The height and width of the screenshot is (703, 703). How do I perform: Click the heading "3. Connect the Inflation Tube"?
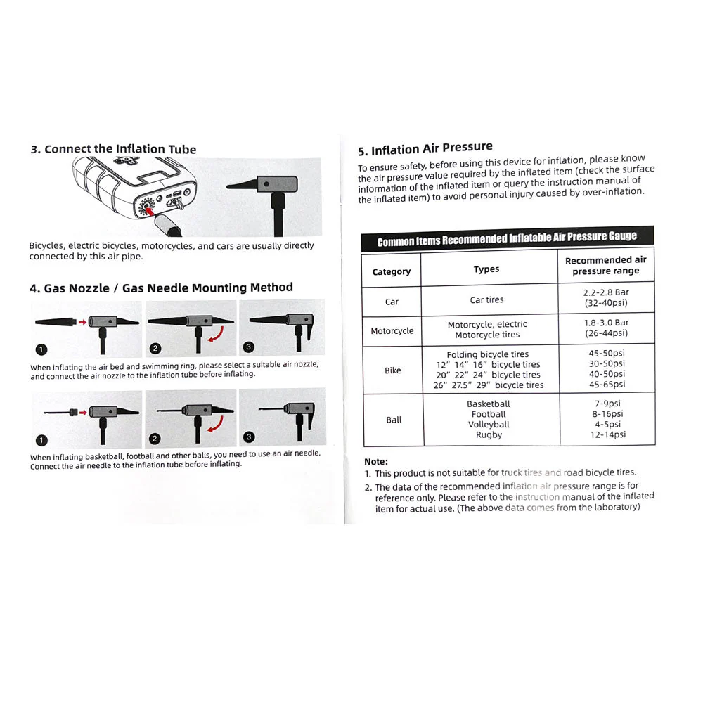113,149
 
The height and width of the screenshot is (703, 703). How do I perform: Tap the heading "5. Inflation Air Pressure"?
425,149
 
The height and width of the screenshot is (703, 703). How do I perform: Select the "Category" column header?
392,271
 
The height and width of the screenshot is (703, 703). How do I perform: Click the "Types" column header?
486,269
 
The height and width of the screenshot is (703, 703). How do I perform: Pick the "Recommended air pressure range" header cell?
605,265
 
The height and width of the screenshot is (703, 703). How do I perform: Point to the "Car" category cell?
392,302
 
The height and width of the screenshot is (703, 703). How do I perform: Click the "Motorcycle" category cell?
392,331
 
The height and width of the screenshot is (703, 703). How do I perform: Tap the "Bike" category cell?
392,370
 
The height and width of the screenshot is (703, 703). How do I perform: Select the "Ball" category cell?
394,420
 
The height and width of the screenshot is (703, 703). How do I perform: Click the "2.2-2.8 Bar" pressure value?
606,292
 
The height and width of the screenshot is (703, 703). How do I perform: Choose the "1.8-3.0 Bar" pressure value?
606,323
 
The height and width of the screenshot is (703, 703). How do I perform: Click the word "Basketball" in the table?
489,404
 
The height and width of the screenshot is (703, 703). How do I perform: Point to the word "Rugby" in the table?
489,435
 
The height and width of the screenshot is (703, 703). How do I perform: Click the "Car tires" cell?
486,300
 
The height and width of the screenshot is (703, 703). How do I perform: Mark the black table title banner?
507,239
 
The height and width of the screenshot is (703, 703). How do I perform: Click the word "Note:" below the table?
376,462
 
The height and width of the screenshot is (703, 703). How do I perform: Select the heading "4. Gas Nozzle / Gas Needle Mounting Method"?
161,288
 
